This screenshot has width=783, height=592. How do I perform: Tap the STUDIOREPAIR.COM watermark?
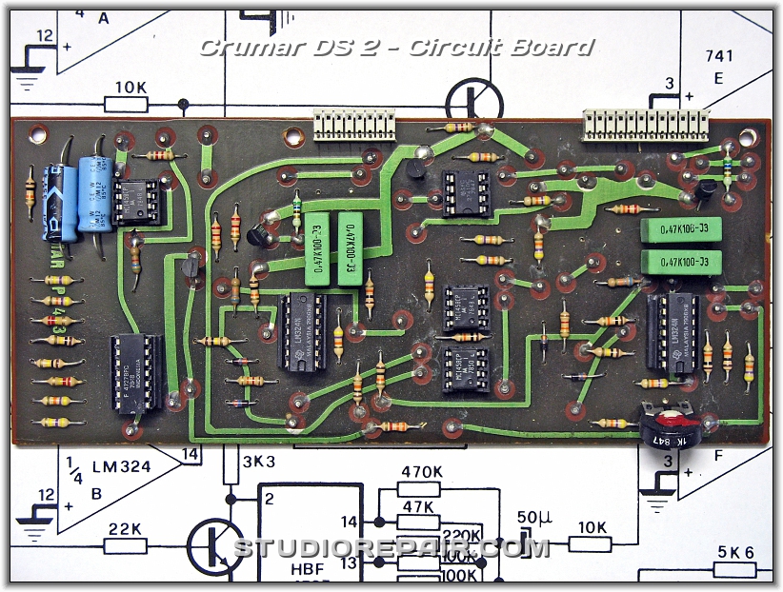coord(391,548)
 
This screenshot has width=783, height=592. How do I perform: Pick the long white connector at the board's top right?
coord(646,123)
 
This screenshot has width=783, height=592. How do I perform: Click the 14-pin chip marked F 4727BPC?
coord(137,374)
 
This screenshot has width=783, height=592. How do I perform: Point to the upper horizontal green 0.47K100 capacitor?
coord(682,231)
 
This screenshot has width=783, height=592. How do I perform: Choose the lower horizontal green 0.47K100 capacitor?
coord(682,262)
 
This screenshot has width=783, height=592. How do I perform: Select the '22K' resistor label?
coord(125,527)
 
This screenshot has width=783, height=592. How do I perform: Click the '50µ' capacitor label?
coord(532,521)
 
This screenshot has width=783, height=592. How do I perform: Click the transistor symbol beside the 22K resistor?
coord(211,546)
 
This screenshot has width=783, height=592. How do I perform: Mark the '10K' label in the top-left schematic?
coord(130,88)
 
